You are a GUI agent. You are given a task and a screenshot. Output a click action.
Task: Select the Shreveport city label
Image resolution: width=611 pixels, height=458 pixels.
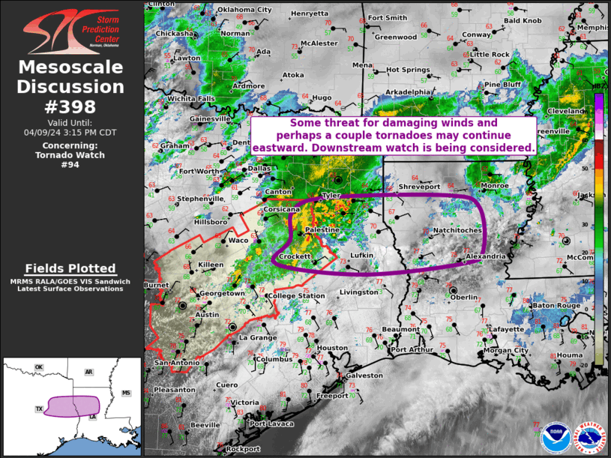point(417,186)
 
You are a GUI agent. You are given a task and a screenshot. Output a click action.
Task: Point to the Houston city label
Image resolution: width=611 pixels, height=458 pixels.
point(332,348)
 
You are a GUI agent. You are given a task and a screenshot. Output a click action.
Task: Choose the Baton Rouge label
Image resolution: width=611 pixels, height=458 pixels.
point(554,305)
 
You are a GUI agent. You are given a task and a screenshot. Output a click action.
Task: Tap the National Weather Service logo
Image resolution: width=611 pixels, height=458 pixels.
point(589,436)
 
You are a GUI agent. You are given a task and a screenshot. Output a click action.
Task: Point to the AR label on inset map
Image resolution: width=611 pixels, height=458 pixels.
point(88,372)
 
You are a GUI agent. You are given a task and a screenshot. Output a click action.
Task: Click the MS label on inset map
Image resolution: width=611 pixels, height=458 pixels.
point(126,393)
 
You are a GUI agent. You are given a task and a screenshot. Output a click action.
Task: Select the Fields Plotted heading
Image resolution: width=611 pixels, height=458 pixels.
point(70,268)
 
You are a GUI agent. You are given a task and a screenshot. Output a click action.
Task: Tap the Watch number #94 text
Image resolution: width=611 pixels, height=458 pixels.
point(70,165)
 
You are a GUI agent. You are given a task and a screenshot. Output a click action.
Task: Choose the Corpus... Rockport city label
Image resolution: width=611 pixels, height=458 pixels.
point(243,448)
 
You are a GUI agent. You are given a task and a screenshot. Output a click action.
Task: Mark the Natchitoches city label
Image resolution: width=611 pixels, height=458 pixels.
point(457,231)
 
